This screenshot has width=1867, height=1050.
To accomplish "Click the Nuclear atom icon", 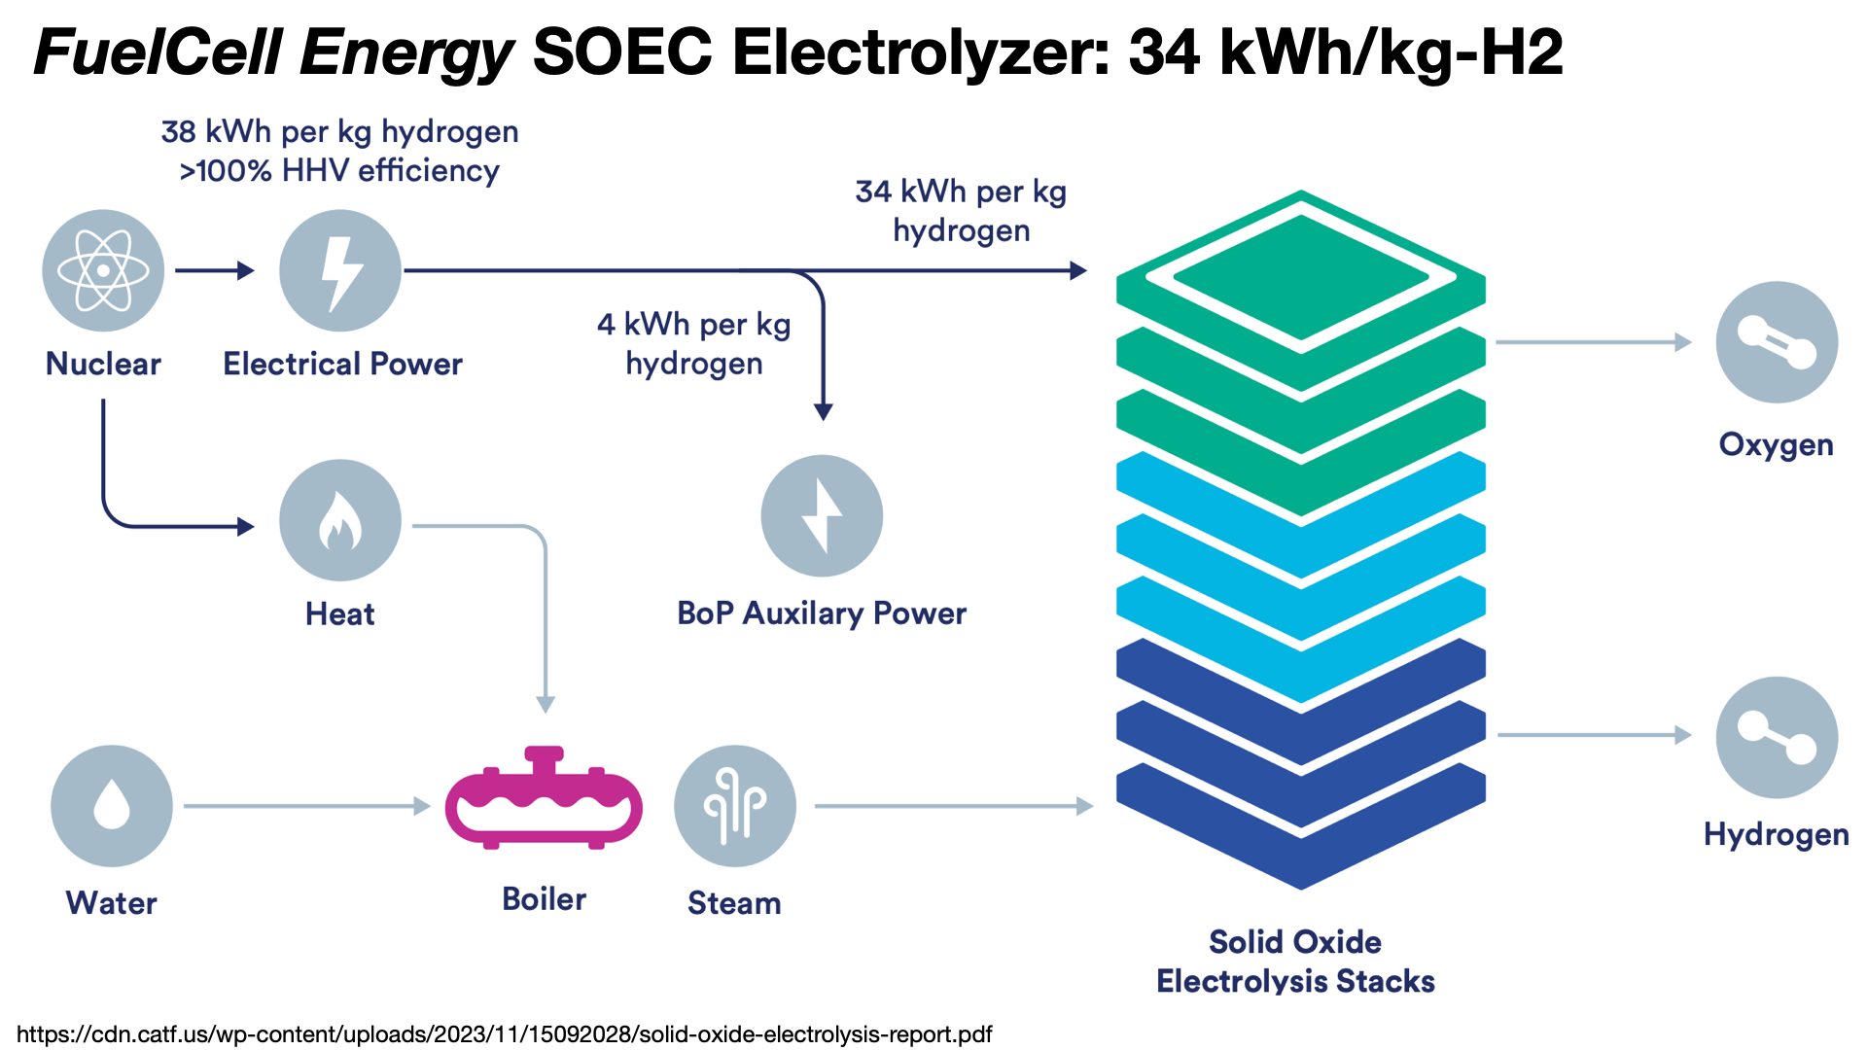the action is point(103,270).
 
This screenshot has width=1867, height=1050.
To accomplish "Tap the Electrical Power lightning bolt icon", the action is point(339,270).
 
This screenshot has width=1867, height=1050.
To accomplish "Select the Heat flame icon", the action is point(339,520).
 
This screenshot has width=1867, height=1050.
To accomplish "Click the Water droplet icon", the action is point(112,806).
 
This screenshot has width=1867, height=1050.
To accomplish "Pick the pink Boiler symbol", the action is point(544,799).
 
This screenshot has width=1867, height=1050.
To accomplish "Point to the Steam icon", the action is point(734,806).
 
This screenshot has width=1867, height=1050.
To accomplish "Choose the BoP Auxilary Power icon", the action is point(822,516).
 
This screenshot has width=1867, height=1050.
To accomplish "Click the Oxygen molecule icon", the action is point(1776,342).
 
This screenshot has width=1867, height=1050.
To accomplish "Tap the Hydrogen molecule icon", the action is point(1776,737).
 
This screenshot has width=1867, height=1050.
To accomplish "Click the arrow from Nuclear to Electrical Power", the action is point(214,270).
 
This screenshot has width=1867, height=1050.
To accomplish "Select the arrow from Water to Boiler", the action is point(306,806).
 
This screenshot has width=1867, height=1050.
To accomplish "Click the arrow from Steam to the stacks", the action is point(953,806).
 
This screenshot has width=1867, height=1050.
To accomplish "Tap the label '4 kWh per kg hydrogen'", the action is point(693,343).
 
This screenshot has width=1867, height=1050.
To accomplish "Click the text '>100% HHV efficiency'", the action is point(339,171).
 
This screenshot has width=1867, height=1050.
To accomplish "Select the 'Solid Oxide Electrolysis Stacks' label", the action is point(1295,961).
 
